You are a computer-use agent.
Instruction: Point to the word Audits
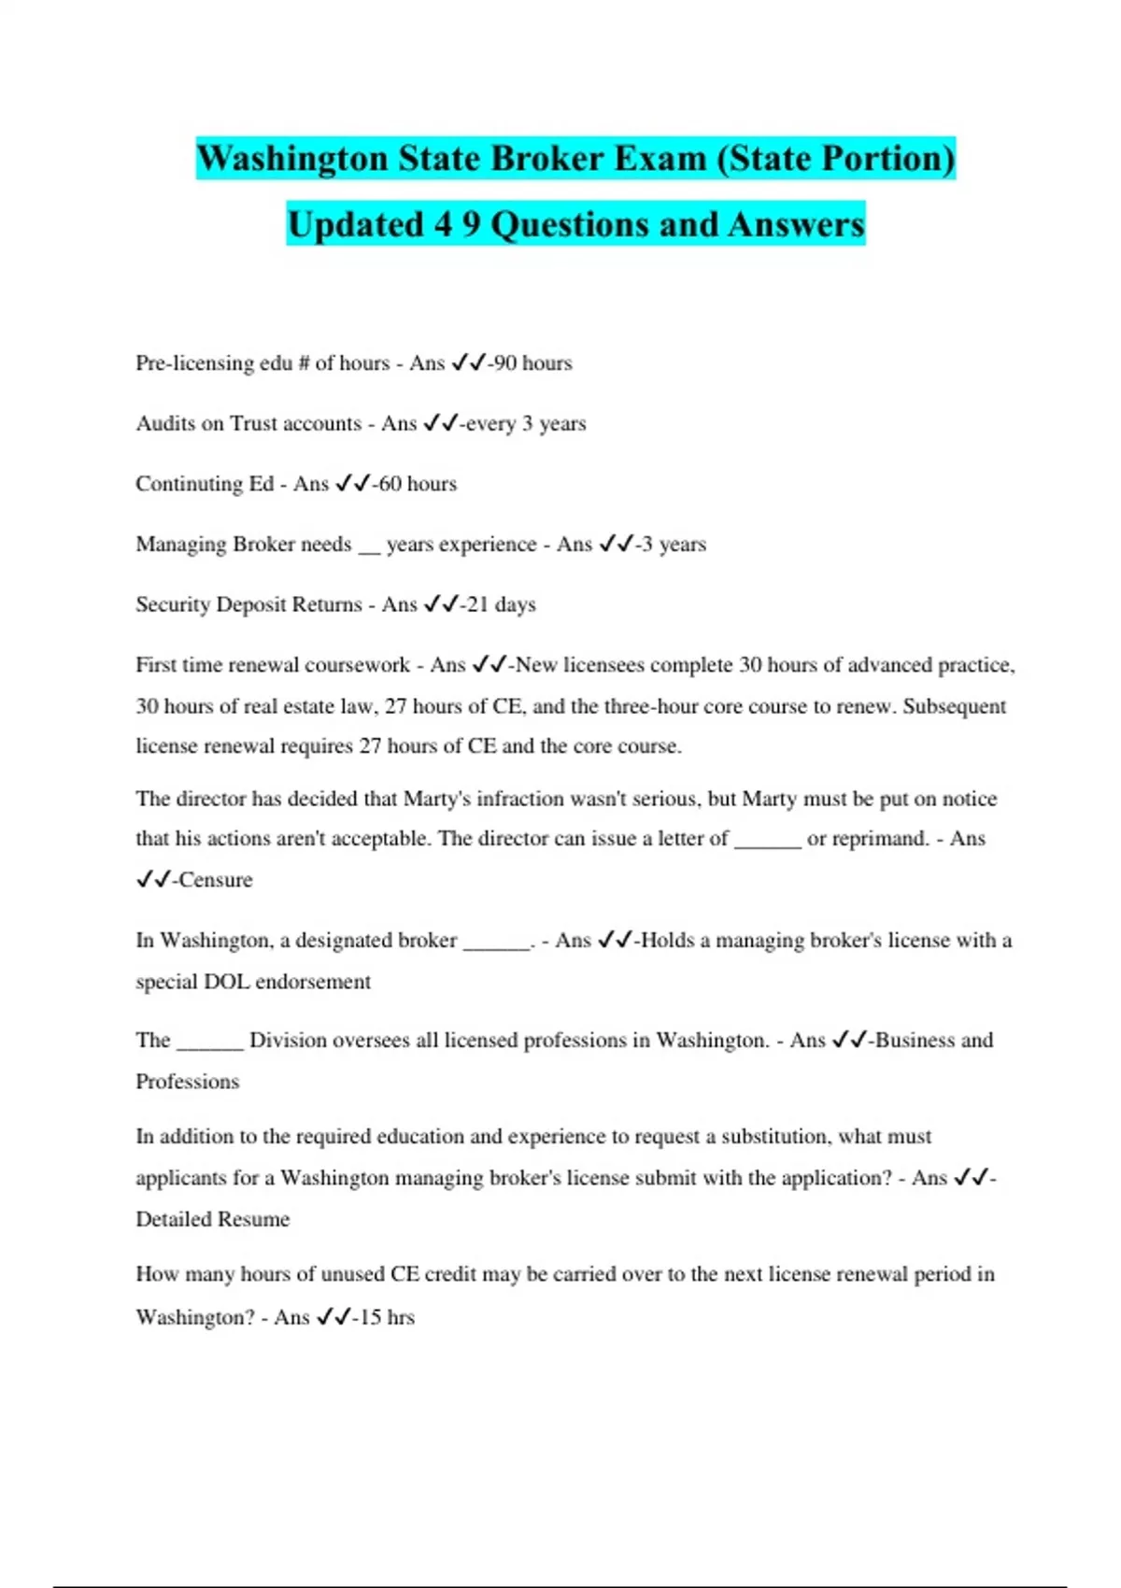pyautogui.click(x=165, y=423)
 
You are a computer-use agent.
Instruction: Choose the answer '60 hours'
pyautogui.click(x=418, y=484)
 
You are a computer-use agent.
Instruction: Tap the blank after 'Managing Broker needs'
pyautogui.click(x=369, y=546)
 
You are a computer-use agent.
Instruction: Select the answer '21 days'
pyautogui.click(x=502, y=604)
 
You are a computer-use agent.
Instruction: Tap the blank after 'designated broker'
pyautogui.click(x=496, y=942)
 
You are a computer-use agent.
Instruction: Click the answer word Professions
pyautogui.click(x=188, y=1082)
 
